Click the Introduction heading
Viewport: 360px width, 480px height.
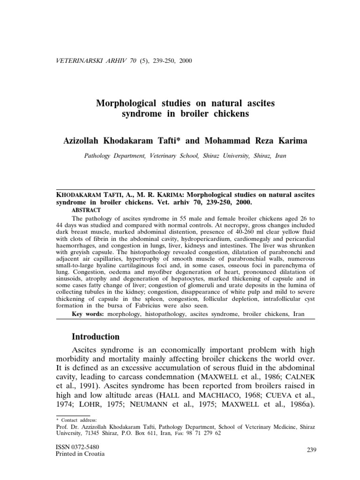[x=96, y=337]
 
